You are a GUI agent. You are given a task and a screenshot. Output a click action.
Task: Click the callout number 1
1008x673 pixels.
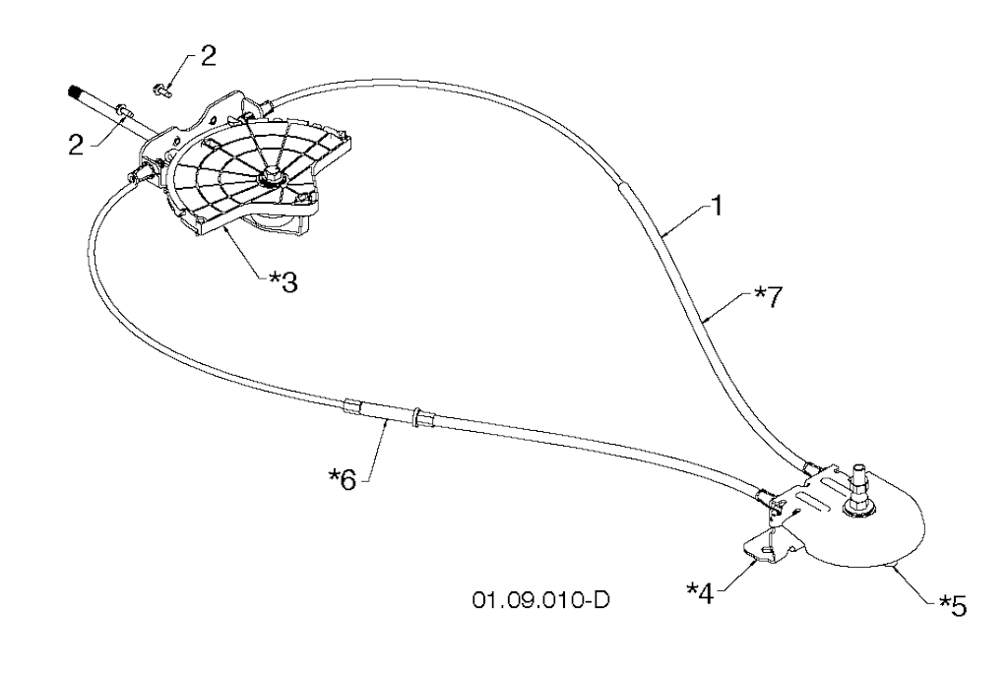(x=717, y=207)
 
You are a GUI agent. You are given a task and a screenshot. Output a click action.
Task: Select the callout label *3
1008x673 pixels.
(x=283, y=282)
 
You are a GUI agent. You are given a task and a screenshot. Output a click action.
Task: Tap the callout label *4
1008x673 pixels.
(x=700, y=592)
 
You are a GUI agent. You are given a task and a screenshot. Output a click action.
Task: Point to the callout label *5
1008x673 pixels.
(x=952, y=605)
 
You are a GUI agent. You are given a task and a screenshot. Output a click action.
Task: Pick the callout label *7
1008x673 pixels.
(x=769, y=297)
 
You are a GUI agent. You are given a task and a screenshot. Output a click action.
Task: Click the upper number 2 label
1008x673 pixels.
(x=209, y=56)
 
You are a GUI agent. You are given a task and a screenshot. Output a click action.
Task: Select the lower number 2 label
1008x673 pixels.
(x=77, y=146)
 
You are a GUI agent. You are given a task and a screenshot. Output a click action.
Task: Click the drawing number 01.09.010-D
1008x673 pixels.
(x=541, y=600)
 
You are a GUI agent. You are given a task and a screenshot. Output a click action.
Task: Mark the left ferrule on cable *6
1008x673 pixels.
(x=352, y=407)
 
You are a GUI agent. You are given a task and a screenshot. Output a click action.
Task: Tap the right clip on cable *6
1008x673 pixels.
(x=419, y=417)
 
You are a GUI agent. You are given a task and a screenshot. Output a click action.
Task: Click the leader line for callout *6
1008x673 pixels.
(x=377, y=450)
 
